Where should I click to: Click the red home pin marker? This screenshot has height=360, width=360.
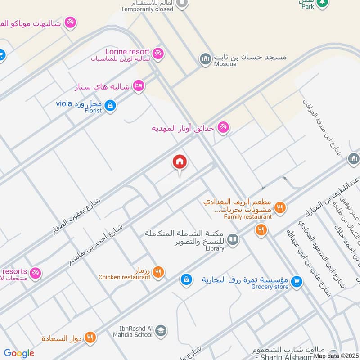pos(180,162)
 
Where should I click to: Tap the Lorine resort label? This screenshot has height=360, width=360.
pos(126,52)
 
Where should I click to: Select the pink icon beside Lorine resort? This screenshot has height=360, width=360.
pos(157,54)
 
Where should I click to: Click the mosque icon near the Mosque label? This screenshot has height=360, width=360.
pos(206,58)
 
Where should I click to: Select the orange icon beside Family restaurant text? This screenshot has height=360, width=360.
pos(280,207)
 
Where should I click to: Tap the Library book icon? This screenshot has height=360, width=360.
pos(233,239)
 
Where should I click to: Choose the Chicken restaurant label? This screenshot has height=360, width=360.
pos(124,277)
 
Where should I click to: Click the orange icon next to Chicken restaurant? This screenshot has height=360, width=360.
pos(157,272)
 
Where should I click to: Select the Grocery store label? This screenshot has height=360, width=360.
pos(270,287)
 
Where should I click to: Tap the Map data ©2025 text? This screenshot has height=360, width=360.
pos(335,355)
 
